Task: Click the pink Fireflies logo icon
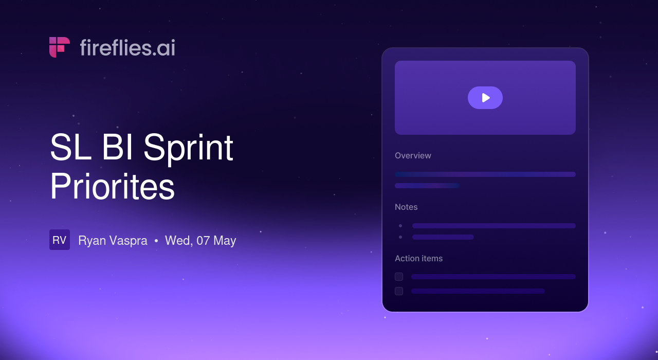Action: pyautogui.click(x=59, y=47)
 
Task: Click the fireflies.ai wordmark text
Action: pyautogui.click(x=127, y=48)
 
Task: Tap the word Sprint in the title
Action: pyautogui.click(x=188, y=149)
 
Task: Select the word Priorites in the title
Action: pyautogui.click(x=112, y=187)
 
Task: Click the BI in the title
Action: pyautogui.click(x=117, y=147)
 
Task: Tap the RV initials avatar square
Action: pyautogui.click(x=60, y=240)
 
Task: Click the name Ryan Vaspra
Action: pyautogui.click(x=113, y=241)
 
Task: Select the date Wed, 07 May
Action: pyautogui.click(x=200, y=241)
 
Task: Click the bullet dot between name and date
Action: pyautogui.click(x=156, y=241)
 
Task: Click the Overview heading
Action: pyautogui.click(x=413, y=155)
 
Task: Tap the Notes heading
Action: pyautogui.click(x=406, y=207)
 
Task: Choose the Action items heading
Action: pyautogui.click(x=419, y=258)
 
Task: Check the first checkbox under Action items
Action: pyautogui.click(x=399, y=277)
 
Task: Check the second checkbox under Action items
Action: pyautogui.click(x=399, y=291)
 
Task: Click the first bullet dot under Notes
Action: pyautogui.click(x=400, y=226)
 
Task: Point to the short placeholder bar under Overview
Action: pyautogui.click(x=427, y=186)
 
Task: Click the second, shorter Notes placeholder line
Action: pyautogui.click(x=443, y=237)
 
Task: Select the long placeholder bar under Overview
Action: pyautogui.click(x=485, y=174)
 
